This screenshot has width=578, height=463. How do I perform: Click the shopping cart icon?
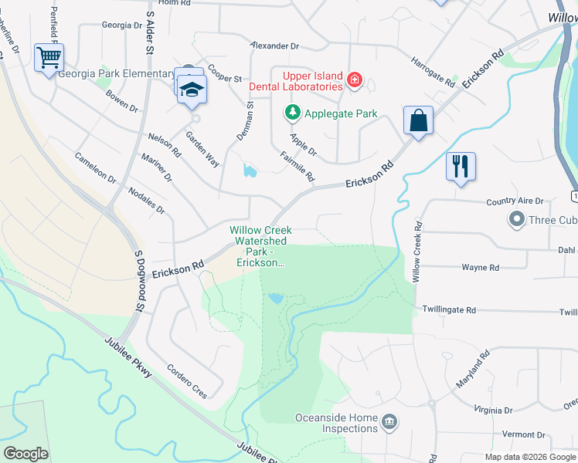(49, 58)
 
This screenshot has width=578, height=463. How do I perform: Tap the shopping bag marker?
(418, 121)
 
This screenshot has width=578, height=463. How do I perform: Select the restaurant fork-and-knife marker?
(461, 166)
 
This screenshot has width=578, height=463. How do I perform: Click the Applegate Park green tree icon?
(292, 113)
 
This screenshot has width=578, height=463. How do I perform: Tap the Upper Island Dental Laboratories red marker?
(355, 80)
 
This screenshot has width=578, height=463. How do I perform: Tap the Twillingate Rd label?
(449, 309)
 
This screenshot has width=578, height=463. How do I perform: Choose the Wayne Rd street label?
(480, 268)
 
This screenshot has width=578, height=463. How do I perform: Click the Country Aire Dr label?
(515, 201)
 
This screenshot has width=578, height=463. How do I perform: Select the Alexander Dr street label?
(275, 46)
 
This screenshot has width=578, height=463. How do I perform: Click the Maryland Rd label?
(472, 370)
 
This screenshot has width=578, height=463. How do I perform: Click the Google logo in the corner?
(25, 454)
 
